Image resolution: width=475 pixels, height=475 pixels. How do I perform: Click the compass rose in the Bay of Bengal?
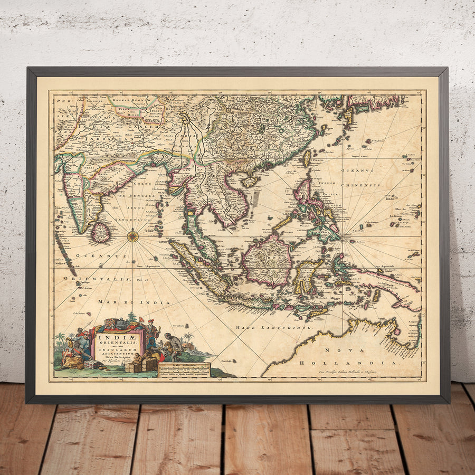point(133,236)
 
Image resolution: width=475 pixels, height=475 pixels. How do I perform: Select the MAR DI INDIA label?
point(134,302)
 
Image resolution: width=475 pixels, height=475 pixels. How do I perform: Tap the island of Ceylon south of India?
point(100,232)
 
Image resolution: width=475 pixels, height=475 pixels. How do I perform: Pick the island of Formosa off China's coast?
point(307,158)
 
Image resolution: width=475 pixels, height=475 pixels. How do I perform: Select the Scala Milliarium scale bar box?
point(184,369)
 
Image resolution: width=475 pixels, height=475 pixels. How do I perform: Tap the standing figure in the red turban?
point(152,332)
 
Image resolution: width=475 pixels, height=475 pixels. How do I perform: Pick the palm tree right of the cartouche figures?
point(188,338)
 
